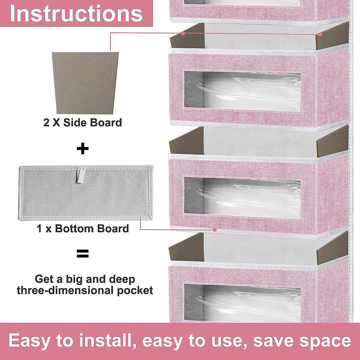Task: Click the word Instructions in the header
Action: click(x=76, y=13)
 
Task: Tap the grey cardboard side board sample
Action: click(x=85, y=82)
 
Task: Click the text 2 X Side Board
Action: click(x=82, y=123)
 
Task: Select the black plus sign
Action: click(x=83, y=148)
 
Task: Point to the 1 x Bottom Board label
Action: click(x=82, y=229)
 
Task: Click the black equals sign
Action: click(x=83, y=254)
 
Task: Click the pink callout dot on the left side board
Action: click(x=183, y=33)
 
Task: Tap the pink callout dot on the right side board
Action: click(x=320, y=34)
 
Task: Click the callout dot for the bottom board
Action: click(x=215, y=230)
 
